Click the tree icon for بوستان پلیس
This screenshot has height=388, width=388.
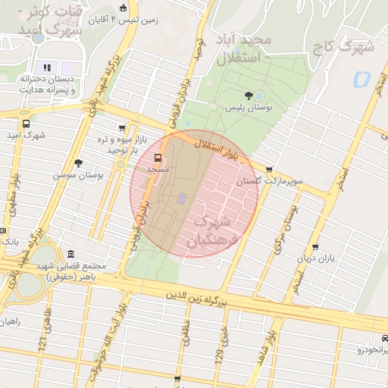[249, 95]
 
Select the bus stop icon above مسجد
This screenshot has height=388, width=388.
[158, 158]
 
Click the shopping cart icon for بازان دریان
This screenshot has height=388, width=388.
[315, 247]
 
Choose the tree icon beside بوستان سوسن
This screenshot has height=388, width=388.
[78, 163]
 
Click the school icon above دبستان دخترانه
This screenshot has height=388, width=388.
[47, 67]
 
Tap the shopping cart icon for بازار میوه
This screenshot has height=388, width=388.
[122, 129]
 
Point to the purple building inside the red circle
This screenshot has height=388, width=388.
[181, 199]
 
